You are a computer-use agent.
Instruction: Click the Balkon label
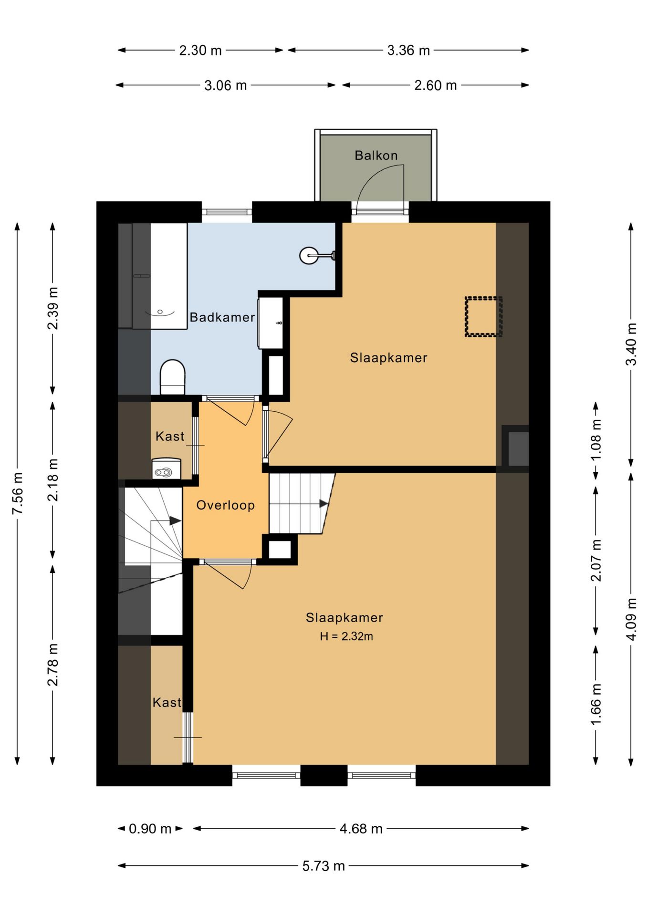(376, 155)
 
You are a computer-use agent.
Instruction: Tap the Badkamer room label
(222, 317)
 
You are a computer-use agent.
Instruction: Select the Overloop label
(225, 505)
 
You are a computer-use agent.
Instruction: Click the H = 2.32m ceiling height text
(346, 636)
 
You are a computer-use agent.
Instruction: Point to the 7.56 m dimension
(18, 493)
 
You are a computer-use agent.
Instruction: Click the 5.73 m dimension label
(324, 866)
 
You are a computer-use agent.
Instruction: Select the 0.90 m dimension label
(150, 829)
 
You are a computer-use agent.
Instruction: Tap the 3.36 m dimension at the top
(408, 50)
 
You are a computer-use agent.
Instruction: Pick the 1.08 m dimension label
(596, 440)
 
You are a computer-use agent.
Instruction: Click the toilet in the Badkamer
(172, 377)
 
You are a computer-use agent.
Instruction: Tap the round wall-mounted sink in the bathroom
(310, 256)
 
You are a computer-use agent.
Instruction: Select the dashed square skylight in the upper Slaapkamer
(484, 317)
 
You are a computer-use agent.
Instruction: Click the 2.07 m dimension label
(596, 561)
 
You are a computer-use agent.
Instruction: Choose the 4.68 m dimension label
(361, 829)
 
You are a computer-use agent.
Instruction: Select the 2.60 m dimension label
(435, 85)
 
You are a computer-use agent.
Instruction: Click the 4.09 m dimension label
(631, 619)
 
